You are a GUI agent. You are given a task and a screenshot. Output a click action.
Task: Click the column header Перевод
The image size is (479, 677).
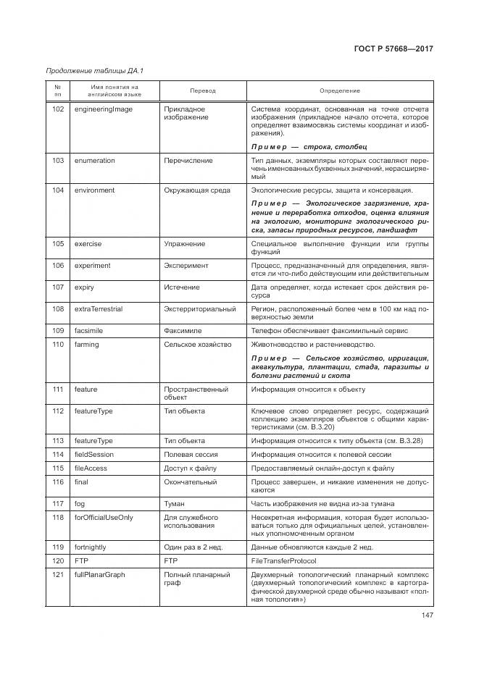pyautogui.click(x=203, y=91)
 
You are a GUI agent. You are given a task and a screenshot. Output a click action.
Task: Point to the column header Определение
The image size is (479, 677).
pyautogui.click(x=339, y=91)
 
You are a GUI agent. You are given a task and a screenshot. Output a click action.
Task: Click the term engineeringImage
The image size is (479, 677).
pyautogui.click(x=104, y=109)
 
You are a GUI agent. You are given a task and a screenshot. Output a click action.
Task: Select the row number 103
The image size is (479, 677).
pyautogui.click(x=58, y=160)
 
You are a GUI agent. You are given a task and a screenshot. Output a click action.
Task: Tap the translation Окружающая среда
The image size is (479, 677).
pyautogui.click(x=197, y=190)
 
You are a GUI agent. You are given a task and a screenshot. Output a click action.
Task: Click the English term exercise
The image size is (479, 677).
pyautogui.click(x=88, y=244)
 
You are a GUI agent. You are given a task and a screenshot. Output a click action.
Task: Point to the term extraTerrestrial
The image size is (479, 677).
pyautogui.click(x=99, y=309)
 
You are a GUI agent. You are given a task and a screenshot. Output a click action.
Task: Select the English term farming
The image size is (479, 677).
pyautogui.click(x=87, y=345)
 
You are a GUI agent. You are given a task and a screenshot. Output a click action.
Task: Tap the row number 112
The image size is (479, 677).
pyautogui.click(x=58, y=411)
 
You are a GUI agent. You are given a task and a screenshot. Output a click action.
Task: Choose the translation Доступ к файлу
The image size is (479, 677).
pyautogui.click(x=191, y=468)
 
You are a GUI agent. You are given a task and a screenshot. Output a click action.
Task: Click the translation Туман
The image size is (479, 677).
pyautogui.click(x=175, y=503)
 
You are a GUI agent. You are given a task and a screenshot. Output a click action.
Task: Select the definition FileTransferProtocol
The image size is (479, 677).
pyautogui.click(x=288, y=560)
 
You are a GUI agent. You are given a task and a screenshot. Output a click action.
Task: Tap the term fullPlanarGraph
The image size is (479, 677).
pyautogui.click(x=100, y=574)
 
